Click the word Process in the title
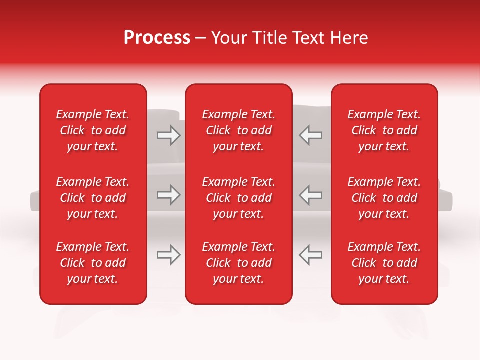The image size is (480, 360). tap(157, 38)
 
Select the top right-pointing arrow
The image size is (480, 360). tap(168, 135)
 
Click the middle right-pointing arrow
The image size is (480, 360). tap(168, 195)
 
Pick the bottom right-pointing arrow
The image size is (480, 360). tap(168, 255)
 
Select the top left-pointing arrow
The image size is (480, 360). tap(311, 135)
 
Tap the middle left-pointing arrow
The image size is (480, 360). tap(311, 195)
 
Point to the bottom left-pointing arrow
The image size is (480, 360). tap(311, 255)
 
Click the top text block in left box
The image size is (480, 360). tap(93, 130)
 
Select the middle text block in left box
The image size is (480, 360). tap(93, 198)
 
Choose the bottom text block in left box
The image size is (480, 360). tap(93, 263)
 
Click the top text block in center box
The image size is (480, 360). tap(239, 130)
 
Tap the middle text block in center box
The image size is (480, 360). tap(239, 198)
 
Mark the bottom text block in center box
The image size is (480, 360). tap(239, 263)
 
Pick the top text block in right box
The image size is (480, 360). tap(384, 130)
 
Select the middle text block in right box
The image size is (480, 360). tap(384, 198)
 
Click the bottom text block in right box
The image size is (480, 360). tap(384, 263)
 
